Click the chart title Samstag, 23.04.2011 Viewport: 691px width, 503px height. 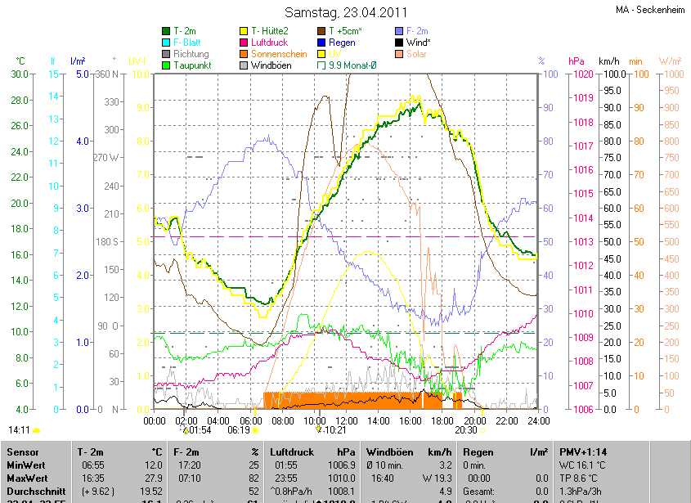point(345,12)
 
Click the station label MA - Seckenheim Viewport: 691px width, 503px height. point(650,11)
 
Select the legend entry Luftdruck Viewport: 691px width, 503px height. point(268,42)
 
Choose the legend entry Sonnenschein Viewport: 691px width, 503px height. point(276,53)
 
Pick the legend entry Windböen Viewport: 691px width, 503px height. point(270,65)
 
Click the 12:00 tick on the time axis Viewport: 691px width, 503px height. point(347,420)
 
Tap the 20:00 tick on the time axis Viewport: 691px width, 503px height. point(474,420)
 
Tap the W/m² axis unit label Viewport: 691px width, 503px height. point(670,61)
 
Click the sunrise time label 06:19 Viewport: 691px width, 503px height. point(238,429)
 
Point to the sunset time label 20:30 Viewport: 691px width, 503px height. point(466,429)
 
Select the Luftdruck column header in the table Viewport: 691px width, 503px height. point(291,451)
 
